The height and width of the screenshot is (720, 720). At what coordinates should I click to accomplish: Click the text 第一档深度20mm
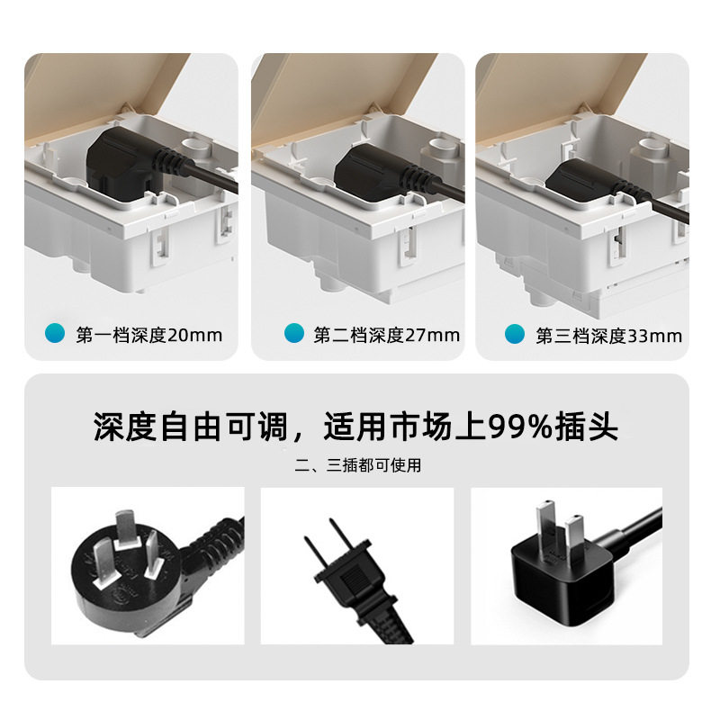point(148,336)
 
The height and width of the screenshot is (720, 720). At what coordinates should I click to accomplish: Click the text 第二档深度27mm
point(386,336)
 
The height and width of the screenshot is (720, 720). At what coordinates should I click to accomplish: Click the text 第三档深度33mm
point(608,336)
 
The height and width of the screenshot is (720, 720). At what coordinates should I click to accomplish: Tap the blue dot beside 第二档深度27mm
point(293,334)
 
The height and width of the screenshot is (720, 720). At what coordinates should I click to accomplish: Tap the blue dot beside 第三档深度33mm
point(515,334)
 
